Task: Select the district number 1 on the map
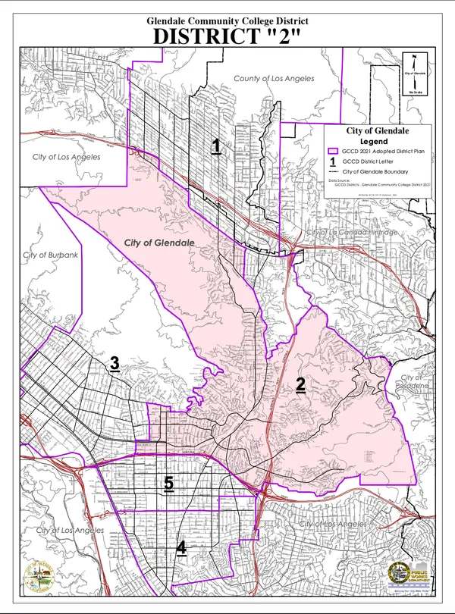click(216, 146)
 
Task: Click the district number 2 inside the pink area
click(300, 385)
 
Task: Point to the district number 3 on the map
click(115, 364)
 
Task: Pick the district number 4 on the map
click(181, 547)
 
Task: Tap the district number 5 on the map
click(168, 483)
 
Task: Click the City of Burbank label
click(51, 255)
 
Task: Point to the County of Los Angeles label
click(274, 79)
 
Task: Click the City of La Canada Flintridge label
click(351, 231)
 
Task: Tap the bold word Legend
click(374, 142)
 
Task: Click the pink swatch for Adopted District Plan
click(332, 152)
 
